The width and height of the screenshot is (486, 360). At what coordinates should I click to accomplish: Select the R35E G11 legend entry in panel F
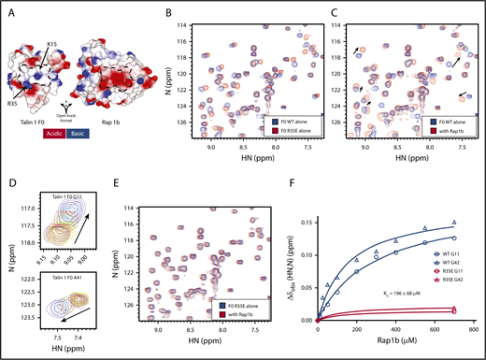(447, 258)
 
